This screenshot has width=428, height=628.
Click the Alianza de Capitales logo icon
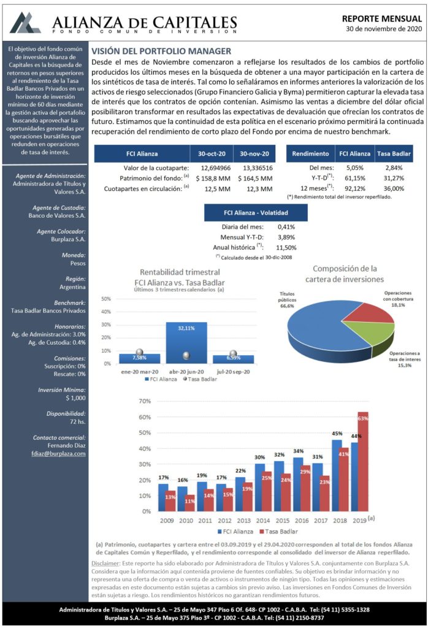point(25,23)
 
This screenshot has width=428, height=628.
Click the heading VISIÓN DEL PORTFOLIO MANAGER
point(161,52)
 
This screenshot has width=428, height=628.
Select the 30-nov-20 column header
point(254,154)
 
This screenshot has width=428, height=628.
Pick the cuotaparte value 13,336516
point(258,168)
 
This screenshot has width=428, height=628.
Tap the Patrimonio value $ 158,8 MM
point(213,178)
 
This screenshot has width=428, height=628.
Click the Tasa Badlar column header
point(394,154)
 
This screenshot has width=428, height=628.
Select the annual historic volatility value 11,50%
point(286,248)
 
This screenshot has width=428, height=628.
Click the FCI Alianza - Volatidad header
point(256,213)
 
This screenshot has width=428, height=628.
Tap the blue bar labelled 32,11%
point(186,343)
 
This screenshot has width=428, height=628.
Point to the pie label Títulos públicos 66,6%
point(287,300)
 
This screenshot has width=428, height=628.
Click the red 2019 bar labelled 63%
point(362,462)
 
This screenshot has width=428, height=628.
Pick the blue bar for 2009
point(163,498)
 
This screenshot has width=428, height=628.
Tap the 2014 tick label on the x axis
point(262,521)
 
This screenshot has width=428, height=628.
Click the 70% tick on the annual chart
point(145,401)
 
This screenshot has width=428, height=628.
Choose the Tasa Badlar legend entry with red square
point(278,532)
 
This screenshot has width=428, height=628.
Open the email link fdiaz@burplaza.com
point(58,454)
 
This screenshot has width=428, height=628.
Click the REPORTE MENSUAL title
point(382,19)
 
